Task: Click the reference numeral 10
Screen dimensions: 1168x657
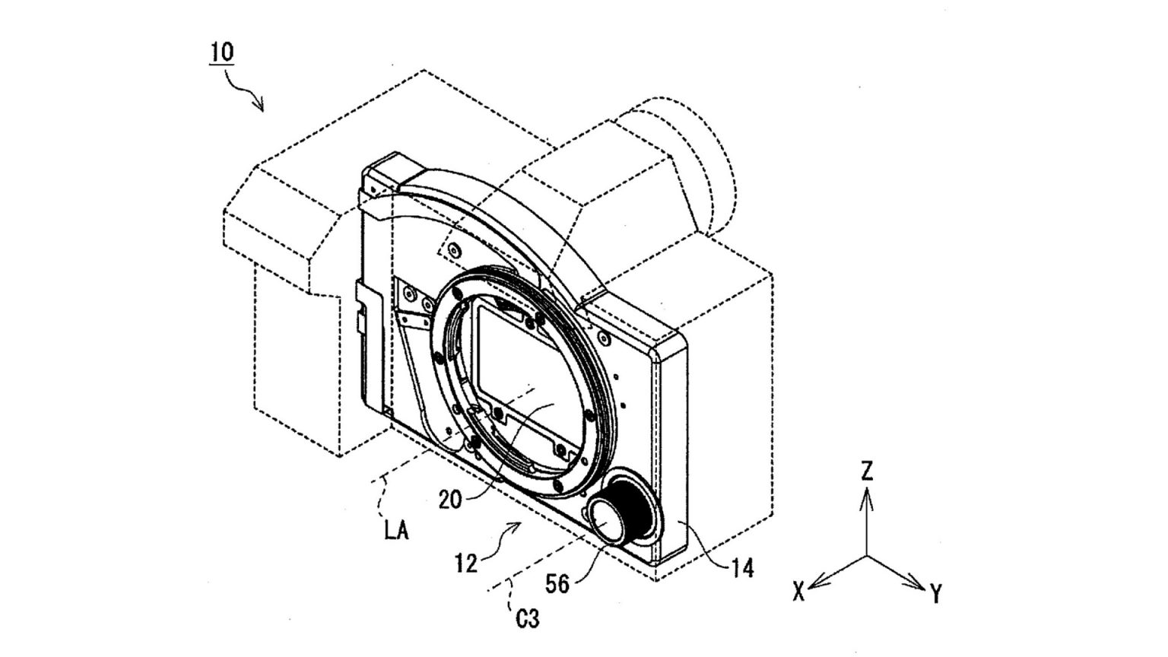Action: point(222,52)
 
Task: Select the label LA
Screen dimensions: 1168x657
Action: point(396,531)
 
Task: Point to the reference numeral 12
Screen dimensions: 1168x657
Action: point(465,563)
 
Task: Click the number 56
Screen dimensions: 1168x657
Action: point(557,584)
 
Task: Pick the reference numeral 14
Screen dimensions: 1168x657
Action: point(742,568)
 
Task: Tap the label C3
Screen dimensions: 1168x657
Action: point(527,620)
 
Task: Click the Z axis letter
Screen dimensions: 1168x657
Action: point(867,471)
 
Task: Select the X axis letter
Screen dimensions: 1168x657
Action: point(798,592)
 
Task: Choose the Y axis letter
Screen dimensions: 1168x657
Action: point(936,594)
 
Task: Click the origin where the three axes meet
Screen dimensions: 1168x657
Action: point(867,556)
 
